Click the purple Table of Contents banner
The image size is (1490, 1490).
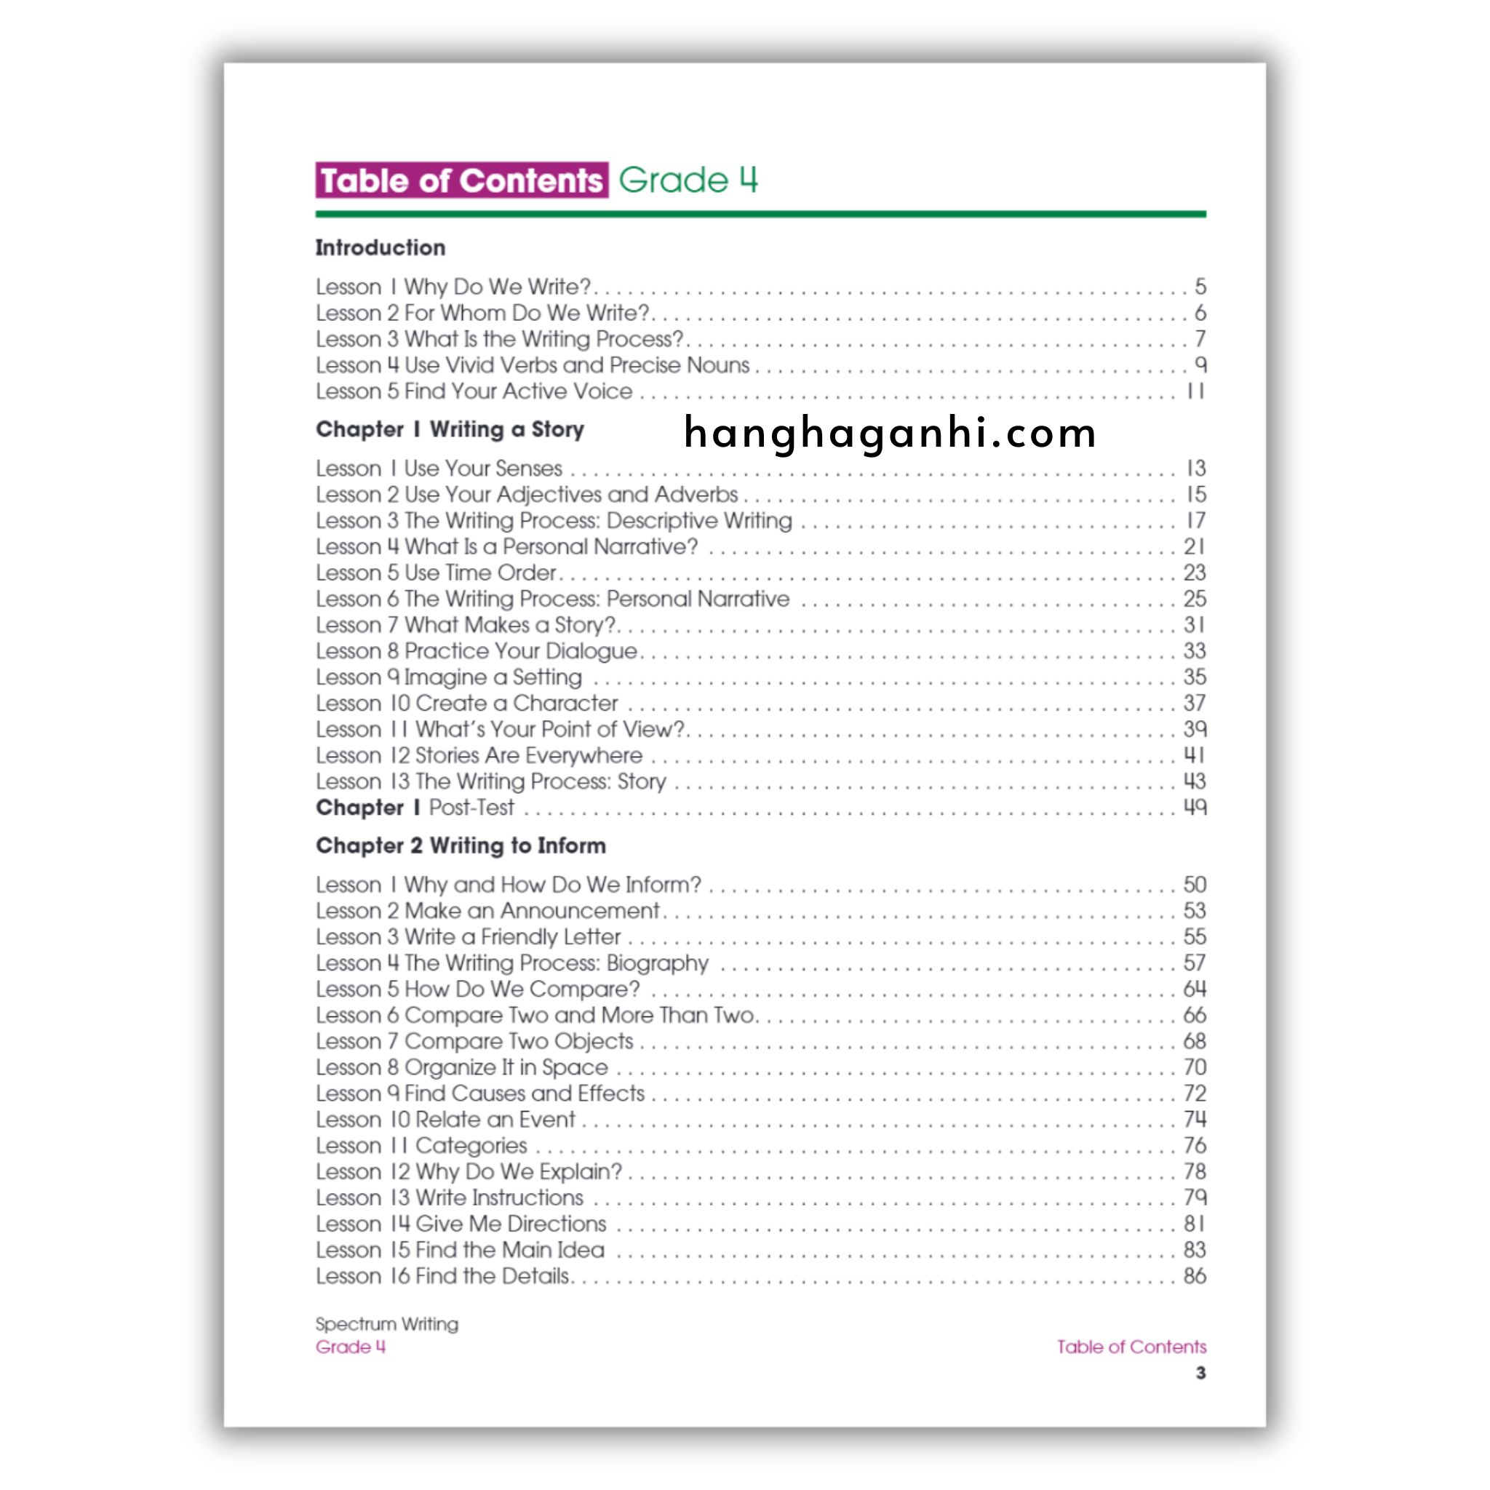461,180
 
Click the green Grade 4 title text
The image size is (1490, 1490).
688,180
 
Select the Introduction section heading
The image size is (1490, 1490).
381,247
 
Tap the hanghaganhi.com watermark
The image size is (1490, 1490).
889,433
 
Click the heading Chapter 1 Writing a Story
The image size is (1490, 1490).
450,429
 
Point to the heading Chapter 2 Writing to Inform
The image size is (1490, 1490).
461,846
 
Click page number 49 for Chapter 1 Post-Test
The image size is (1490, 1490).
1194,808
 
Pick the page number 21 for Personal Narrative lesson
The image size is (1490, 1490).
1194,547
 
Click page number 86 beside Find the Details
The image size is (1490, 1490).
1194,1276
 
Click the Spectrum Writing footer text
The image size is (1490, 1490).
386,1324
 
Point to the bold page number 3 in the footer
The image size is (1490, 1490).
1200,1373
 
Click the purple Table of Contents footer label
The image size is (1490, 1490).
1131,1347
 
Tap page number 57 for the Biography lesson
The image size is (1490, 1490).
1194,963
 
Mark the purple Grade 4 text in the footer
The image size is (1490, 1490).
350,1347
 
